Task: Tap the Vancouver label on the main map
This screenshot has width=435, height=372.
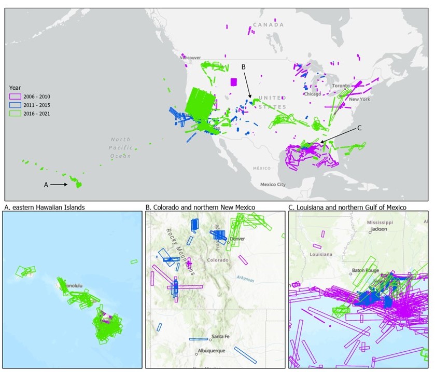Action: (190, 57)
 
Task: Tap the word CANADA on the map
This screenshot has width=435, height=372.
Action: (268, 25)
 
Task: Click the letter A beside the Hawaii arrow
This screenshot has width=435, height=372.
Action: (46, 184)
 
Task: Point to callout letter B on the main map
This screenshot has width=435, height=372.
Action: (243, 66)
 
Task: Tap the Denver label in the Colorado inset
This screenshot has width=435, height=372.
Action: (238, 239)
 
